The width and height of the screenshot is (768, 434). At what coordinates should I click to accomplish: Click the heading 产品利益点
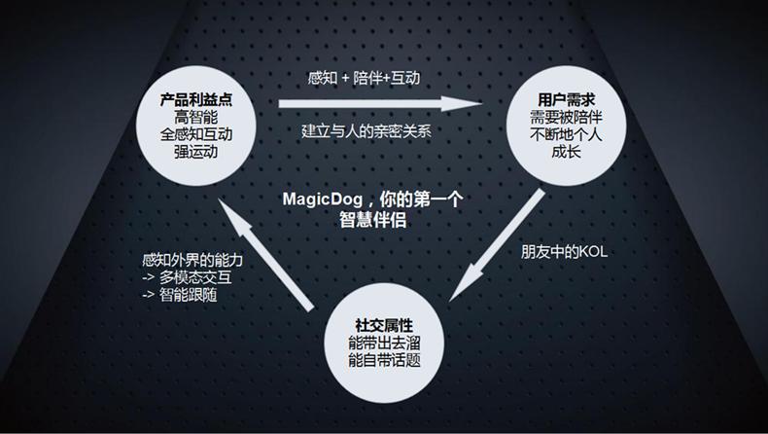(x=197, y=99)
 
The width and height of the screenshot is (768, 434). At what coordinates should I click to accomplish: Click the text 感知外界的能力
(x=192, y=260)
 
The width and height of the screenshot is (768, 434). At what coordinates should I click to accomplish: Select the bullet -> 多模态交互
(x=186, y=277)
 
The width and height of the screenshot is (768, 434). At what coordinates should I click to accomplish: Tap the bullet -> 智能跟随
(x=179, y=295)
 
